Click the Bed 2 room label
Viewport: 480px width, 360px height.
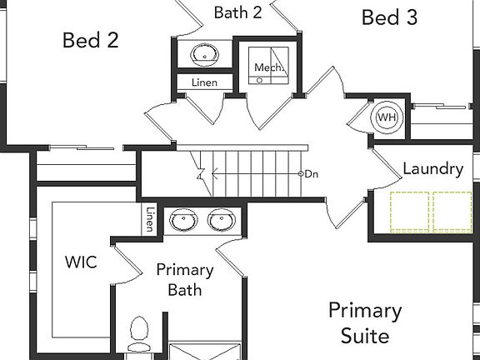[x=91, y=40]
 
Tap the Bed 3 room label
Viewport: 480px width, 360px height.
[x=389, y=17]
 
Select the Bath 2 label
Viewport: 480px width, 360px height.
[x=237, y=12]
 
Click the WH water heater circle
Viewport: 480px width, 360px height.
[x=387, y=117]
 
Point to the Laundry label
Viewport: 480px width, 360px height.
[x=432, y=169]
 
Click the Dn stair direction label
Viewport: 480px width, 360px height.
[x=312, y=174]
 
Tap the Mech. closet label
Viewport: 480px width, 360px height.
[x=267, y=67]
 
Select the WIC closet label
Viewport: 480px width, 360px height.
[x=81, y=262]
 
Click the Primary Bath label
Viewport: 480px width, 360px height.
[x=185, y=280]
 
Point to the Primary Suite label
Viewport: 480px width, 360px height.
[x=365, y=322]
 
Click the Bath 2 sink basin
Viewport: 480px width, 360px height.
[x=204, y=55]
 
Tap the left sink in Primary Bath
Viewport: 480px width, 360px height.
[x=183, y=220]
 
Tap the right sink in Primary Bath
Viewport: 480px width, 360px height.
[x=222, y=220]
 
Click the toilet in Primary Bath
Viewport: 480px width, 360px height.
[x=138, y=335]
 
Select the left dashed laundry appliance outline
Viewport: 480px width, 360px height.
[x=410, y=212]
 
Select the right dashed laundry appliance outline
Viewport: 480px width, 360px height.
[x=452, y=212]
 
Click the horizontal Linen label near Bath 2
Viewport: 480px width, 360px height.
[x=204, y=82]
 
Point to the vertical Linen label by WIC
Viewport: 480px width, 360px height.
[x=150, y=219]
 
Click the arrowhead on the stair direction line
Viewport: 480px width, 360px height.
[x=214, y=174]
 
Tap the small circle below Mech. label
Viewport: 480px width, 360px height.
[x=260, y=81]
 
